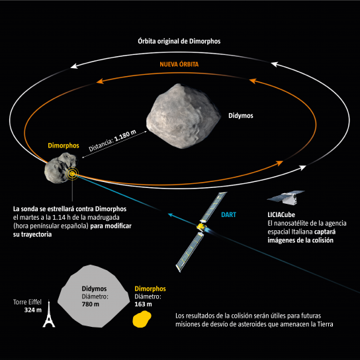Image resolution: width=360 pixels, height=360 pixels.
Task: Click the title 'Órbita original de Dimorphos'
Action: (179, 41)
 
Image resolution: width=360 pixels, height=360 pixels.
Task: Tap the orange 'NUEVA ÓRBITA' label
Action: (179, 64)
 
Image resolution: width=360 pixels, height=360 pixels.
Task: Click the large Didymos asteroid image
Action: (183, 116)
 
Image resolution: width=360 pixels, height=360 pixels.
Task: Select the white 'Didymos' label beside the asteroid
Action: (241, 116)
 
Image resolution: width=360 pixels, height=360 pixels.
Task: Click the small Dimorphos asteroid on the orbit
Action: (61, 168)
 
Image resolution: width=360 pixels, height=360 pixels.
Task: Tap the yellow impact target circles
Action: (72, 174)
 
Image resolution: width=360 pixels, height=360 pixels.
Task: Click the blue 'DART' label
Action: (228, 214)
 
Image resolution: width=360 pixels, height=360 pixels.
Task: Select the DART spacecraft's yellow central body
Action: (201, 227)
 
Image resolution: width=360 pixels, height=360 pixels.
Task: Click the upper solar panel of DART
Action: (214, 207)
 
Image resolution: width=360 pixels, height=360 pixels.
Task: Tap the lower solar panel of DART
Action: (190, 252)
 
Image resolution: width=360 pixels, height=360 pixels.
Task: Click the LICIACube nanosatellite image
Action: (286, 197)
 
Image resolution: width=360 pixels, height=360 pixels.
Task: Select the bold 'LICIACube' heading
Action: (281, 214)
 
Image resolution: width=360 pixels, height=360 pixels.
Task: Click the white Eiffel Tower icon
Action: (49, 314)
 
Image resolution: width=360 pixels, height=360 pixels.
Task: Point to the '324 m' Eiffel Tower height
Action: (33, 310)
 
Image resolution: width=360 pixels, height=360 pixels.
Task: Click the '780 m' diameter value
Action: (91, 304)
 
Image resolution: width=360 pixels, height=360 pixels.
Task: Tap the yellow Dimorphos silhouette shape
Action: (142, 319)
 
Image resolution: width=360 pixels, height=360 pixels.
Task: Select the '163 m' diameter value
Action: (143, 304)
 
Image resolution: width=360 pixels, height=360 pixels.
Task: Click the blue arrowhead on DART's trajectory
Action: (171, 215)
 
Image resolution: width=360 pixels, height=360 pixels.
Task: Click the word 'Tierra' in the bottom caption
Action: (325, 324)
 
